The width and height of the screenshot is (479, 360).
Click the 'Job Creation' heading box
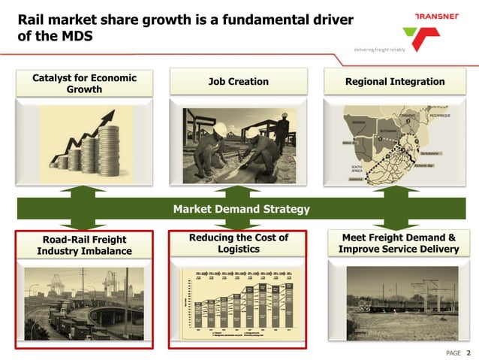[x=237, y=81]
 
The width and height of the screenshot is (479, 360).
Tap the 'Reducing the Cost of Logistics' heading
[x=238, y=243]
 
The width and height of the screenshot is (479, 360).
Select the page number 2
[x=468, y=352]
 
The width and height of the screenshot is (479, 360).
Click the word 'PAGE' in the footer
[x=453, y=352]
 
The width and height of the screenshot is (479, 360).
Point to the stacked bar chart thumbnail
[x=239, y=301]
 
